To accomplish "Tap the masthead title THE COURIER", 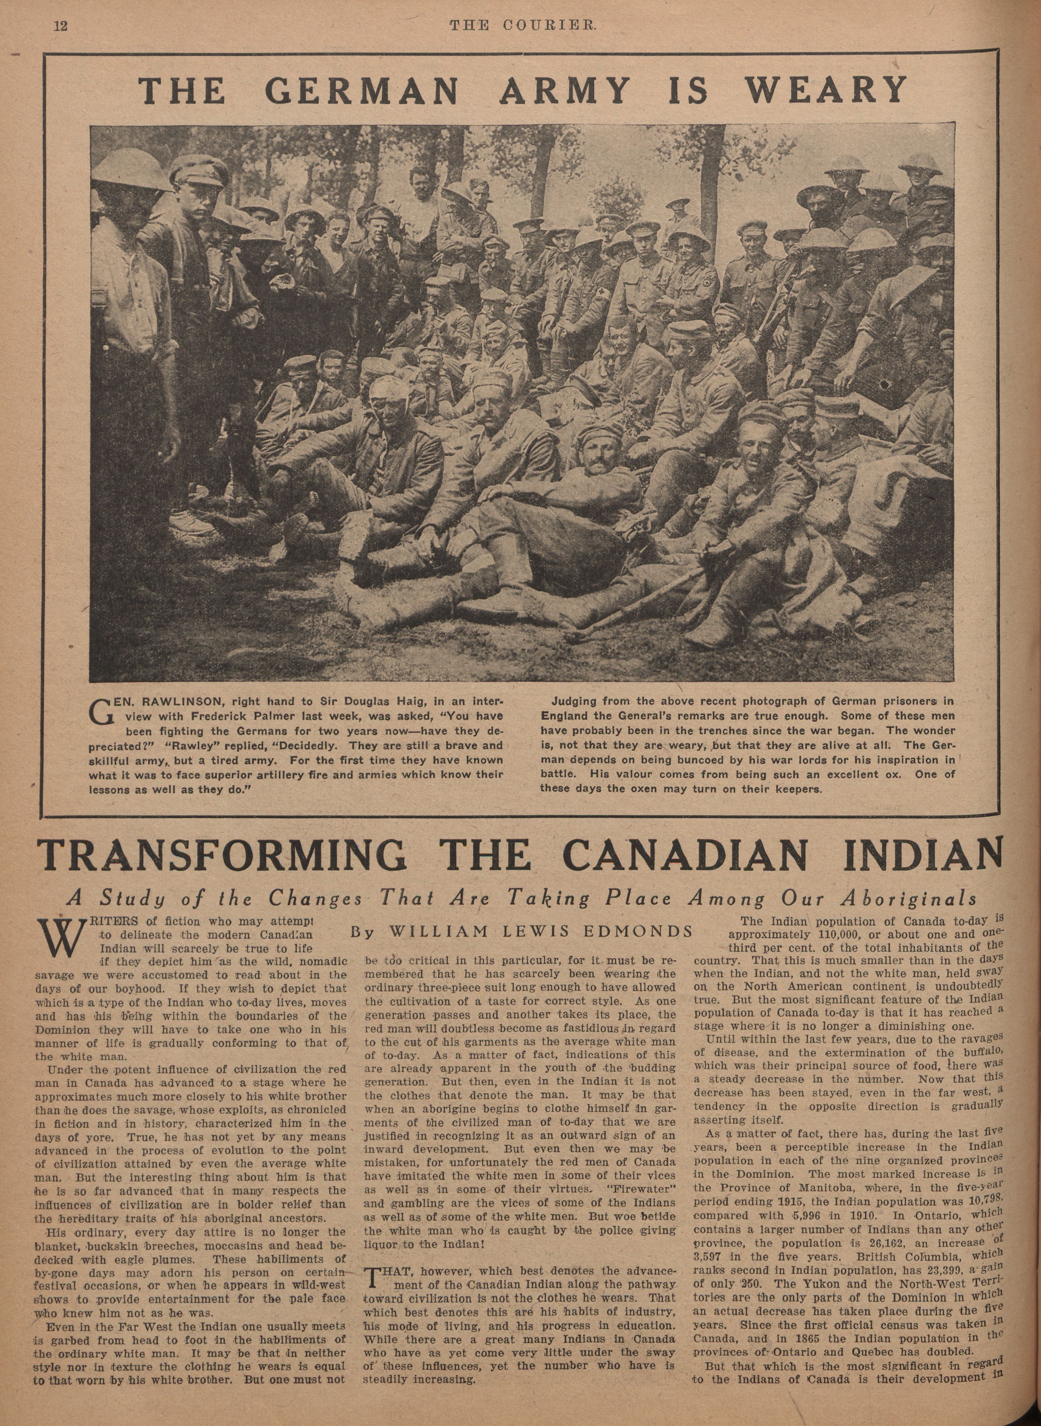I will click(x=522, y=26).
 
